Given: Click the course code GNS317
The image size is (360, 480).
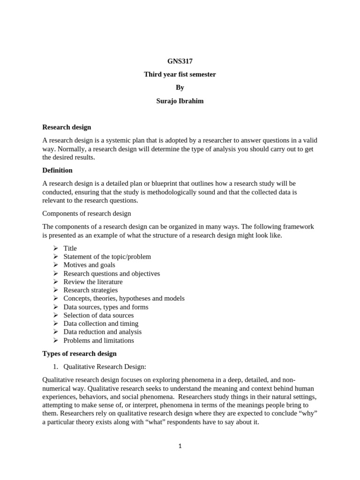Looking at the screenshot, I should tap(180, 61).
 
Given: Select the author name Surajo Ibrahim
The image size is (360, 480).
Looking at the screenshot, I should tap(180, 101).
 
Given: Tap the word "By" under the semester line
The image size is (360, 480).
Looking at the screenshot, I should tap(180, 88).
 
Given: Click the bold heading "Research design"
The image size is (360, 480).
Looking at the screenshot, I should tap(67, 127).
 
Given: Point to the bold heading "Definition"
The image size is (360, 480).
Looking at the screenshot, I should tap(57, 170).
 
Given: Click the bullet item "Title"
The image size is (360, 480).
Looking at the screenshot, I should tap(70, 248).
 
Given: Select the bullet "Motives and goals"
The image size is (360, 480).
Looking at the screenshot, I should tap(89, 265).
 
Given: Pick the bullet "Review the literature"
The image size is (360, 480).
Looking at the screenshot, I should tap(93, 282).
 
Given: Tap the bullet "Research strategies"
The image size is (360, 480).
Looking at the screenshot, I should tap(90, 290).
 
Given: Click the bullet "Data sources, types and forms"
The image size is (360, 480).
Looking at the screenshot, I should tap(105, 307).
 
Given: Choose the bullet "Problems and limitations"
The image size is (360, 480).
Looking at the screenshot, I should tap(98, 340).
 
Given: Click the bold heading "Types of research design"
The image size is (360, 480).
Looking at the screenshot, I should tap(79, 353).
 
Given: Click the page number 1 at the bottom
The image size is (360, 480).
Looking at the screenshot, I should tap(180, 446).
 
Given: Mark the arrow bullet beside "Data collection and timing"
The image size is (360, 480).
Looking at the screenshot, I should tap(55, 323).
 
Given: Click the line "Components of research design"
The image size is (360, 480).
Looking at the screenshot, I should tap(87, 213).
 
